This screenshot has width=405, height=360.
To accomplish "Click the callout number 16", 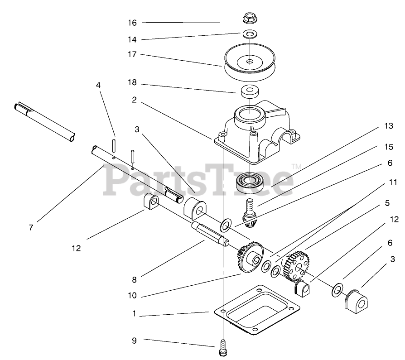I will pyautogui.click(x=132, y=23).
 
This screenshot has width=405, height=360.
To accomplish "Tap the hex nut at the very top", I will pyautogui.click(x=249, y=19).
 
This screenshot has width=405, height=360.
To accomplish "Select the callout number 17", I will pyautogui.click(x=132, y=54).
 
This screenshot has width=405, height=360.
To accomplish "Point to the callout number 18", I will pyautogui.click(x=132, y=84).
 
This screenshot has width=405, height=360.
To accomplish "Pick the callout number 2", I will pyautogui.click(x=135, y=100).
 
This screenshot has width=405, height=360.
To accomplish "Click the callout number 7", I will pyautogui.click(x=31, y=228).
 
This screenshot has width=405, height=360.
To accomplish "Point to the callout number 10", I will pyautogui.click(x=132, y=295).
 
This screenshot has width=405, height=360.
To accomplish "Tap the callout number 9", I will pyautogui.click(x=134, y=340).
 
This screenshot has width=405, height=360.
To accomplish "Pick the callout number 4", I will pyautogui.click(x=98, y=85).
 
